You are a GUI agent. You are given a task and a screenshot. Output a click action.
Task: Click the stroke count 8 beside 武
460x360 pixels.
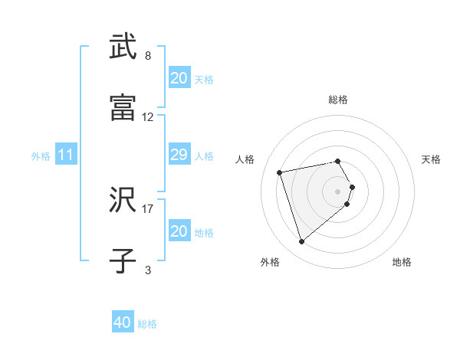(x=148, y=56)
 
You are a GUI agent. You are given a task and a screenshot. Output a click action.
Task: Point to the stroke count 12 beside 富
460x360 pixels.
(x=148, y=117)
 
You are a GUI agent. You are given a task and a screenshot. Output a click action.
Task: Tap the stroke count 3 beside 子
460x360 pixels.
(x=148, y=270)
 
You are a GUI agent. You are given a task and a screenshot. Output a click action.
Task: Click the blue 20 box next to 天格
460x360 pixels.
(x=179, y=78)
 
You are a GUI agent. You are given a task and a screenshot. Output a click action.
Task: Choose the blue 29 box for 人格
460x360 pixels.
(x=179, y=155)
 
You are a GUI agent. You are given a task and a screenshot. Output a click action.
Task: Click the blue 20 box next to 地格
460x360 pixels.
(x=179, y=231)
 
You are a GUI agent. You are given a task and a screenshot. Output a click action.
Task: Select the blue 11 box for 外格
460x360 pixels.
(x=66, y=155)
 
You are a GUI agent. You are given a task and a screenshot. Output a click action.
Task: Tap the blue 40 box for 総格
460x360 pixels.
(x=123, y=323)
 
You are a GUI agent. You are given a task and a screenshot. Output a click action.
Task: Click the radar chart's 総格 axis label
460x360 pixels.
(x=338, y=100)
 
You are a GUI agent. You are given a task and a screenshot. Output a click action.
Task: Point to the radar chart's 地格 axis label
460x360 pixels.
(x=402, y=262)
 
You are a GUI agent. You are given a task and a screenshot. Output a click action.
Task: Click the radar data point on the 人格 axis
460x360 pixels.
(x=280, y=172)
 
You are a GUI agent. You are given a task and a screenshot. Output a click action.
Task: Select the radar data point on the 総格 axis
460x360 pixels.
(x=338, y=161)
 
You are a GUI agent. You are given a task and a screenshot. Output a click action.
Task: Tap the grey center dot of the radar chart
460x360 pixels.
(x=338, y=191)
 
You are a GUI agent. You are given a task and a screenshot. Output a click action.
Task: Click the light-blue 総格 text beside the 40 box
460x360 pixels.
(x=148, y=324)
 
